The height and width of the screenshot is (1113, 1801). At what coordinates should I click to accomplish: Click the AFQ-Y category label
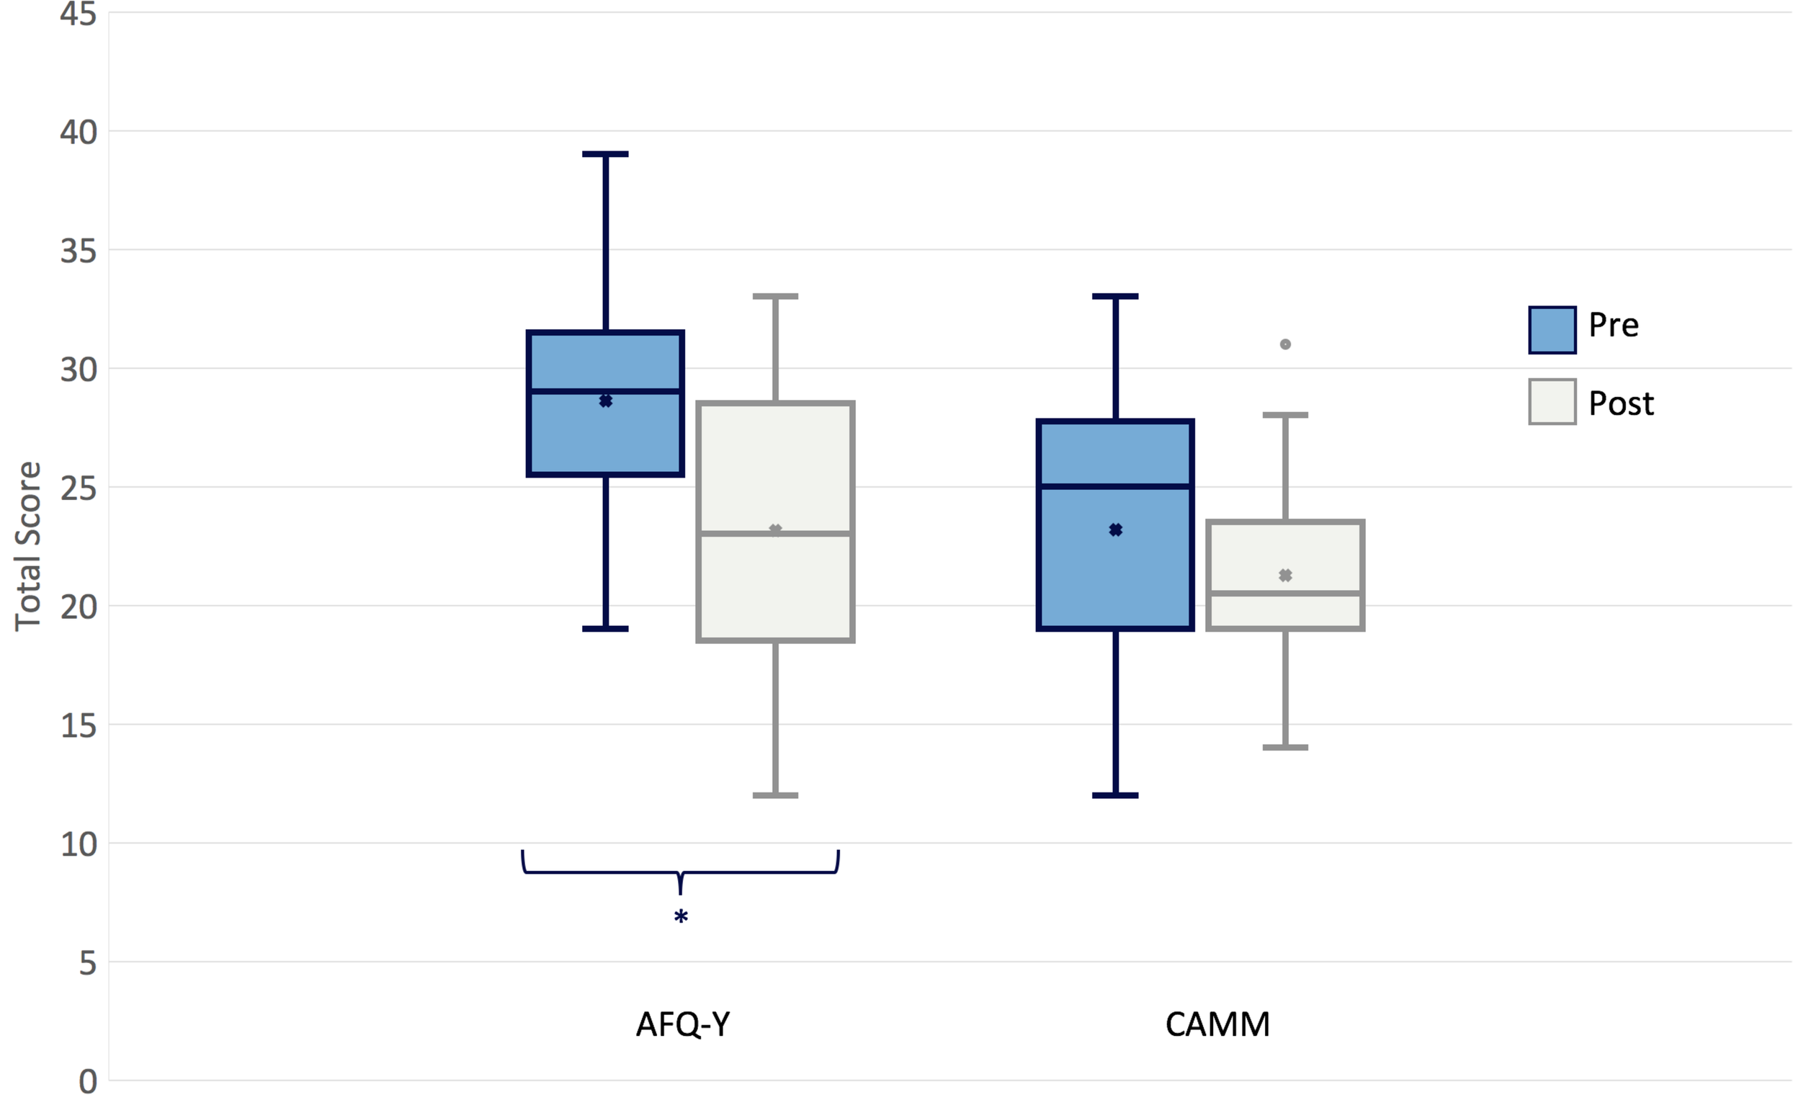tap(682, 1024)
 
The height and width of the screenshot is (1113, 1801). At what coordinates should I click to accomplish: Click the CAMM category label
tap(1217, 1024)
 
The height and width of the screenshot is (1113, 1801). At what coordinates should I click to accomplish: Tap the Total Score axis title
tap(28, 546)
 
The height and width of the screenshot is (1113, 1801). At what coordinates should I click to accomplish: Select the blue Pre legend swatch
tap(1552, 330)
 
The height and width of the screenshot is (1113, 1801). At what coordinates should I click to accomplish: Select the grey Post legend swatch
tap(1552, 402)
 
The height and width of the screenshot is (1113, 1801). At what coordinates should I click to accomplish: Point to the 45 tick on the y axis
tap(78, 14)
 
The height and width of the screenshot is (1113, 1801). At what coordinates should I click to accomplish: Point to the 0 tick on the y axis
tap(88, 1081)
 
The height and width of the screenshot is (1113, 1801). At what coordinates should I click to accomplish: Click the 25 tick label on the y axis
tap(78, 488)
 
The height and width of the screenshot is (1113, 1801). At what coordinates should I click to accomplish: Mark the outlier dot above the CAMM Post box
tap(1285, 344)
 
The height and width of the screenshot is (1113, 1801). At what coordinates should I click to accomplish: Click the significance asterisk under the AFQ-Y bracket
tap(681, 917)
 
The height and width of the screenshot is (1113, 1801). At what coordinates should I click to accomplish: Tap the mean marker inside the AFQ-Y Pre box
tap(606, 401)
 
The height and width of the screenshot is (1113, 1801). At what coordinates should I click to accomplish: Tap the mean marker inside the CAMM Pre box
tap(1115, 530)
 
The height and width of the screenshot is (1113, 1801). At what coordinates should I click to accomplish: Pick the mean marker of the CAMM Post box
tap(1285, 576)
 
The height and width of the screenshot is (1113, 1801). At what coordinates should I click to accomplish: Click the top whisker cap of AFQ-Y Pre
tap(606, 155)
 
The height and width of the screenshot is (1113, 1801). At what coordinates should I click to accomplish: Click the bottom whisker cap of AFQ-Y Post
tap(776, 795)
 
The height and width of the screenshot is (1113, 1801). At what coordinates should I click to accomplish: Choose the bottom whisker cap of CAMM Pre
tap(1115, 795)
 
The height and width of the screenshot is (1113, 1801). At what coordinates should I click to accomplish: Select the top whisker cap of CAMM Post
tap(1285, 415)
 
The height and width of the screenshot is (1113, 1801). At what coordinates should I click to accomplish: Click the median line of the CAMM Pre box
tap(1115, 486)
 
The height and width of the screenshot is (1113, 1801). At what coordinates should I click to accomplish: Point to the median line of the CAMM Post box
tap(1285, 594)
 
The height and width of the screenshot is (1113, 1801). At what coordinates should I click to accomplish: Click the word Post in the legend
tap(1621, 403)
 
